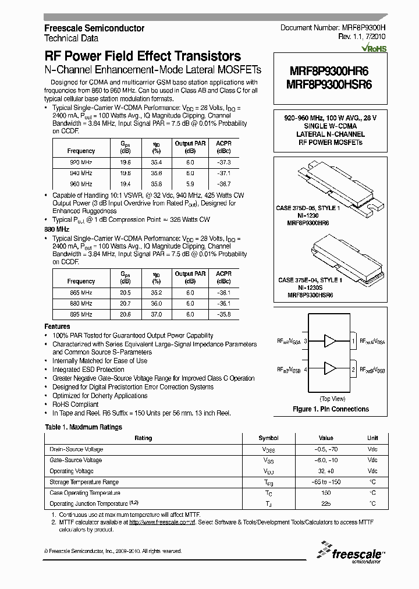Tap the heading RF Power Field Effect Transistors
click(x=143, y=56)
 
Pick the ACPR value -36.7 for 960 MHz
click(x=224, y=183)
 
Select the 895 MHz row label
click(x=81, y=314)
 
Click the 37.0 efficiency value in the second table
click(x=155, y=314)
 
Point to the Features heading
click(x=57, y=327)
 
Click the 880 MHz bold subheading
click(x=57, y=230)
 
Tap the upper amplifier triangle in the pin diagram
click(x=331, y=340)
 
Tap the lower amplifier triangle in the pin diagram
click(x=331, y=368)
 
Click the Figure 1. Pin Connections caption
click(x=331, y=409)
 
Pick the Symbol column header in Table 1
click(x=268, y=438)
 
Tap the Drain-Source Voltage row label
click(x=76, y=449)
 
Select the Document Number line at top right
click(x=333, y=28)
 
